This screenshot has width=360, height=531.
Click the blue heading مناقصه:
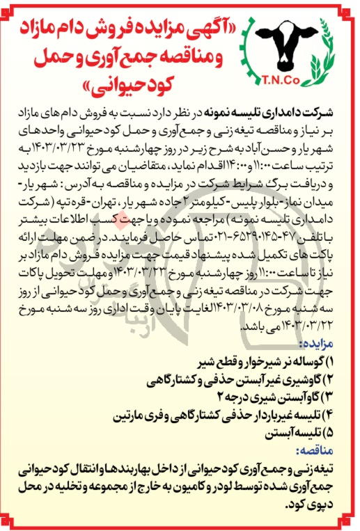click(317, 450)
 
